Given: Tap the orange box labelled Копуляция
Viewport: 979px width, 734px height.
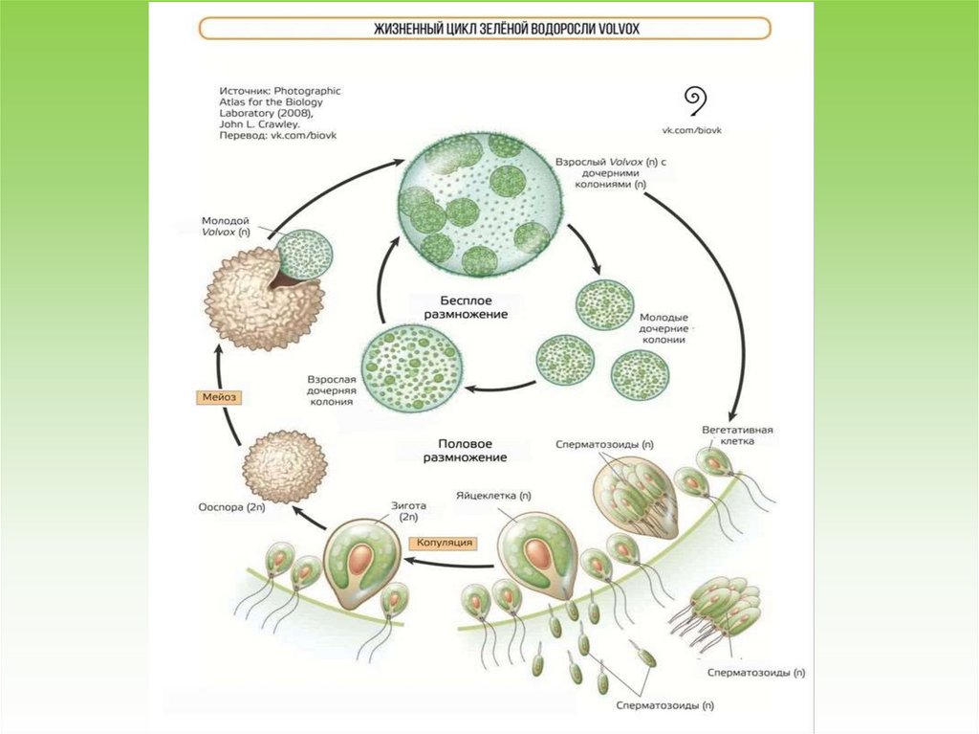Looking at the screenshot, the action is click(x=444, y=543).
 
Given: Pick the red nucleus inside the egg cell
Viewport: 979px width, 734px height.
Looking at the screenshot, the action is click(x=541, y=562).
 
